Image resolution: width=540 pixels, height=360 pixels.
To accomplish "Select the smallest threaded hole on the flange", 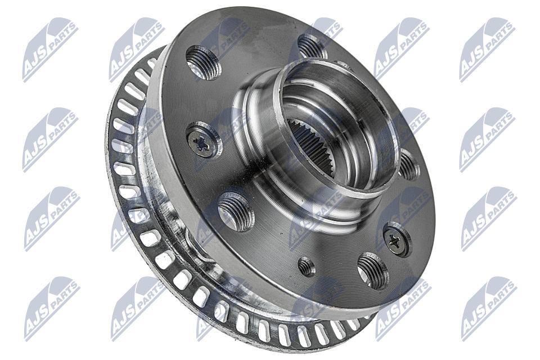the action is [307, 266].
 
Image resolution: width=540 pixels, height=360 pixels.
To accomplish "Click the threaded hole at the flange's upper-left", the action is [203, 62].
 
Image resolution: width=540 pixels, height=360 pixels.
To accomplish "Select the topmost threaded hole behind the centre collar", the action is [312, 46].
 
